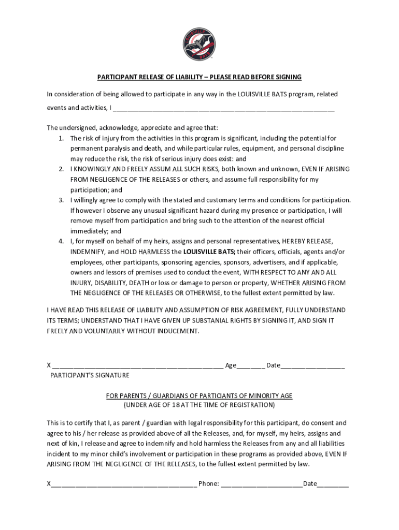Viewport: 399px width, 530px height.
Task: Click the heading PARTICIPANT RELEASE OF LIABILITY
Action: (199, 77)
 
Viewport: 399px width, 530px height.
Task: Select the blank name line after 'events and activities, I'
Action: (223, 109)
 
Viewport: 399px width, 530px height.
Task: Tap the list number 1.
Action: (61, 138)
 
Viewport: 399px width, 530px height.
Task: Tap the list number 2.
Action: (61, 169)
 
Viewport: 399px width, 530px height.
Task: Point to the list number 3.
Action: (61, 200)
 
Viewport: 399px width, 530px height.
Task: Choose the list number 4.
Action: (61, 241)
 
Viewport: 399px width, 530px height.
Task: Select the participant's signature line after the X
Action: (137, 366)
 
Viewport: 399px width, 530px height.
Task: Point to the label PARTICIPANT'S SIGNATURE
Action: (90, 375)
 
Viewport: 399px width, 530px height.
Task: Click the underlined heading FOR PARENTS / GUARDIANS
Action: (199, 396)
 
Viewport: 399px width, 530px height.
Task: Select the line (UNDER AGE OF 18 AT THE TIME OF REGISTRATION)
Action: (199, 405)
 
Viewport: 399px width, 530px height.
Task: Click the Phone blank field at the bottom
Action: (262, 484)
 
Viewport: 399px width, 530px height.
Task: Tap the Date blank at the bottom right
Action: (333, 484)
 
